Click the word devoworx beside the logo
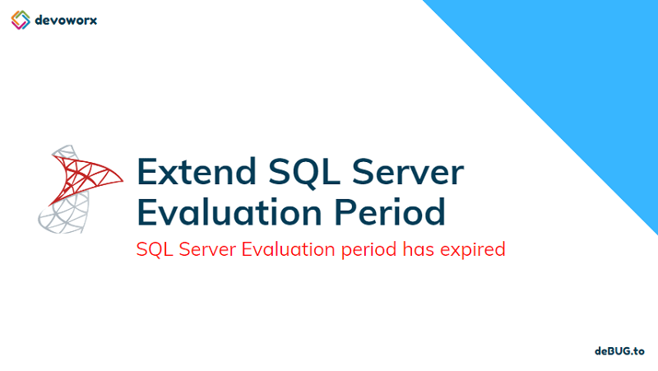67,19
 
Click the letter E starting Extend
148,172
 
